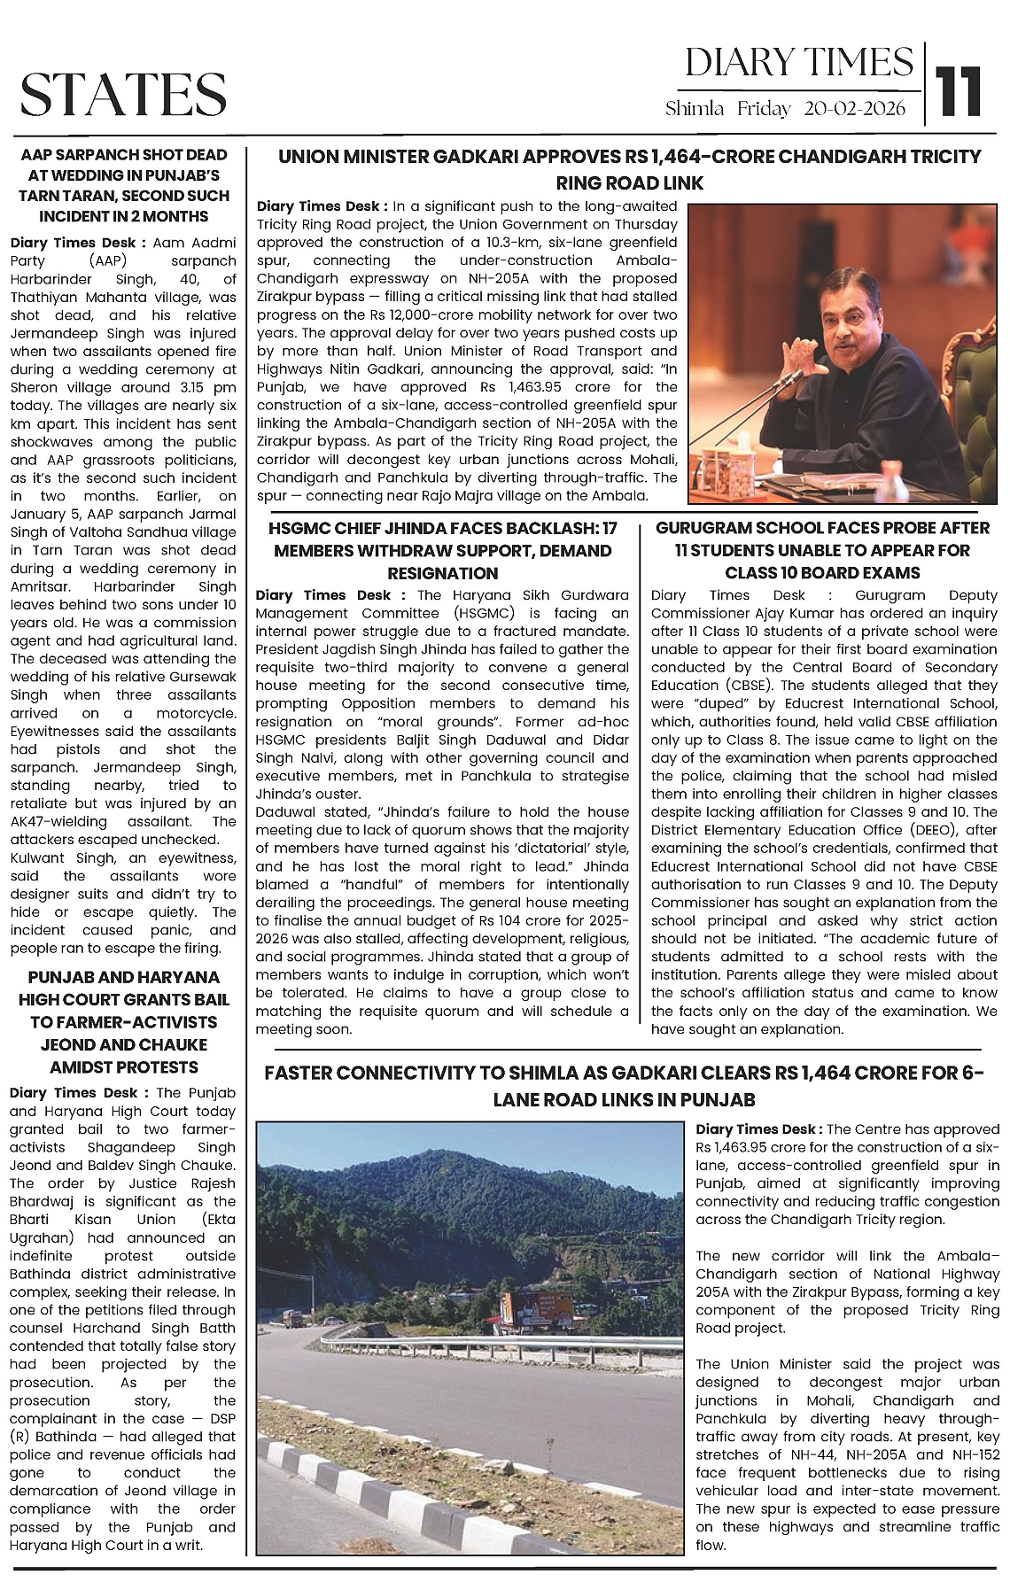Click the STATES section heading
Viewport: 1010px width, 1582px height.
pyautogui.click(x=123, y=95)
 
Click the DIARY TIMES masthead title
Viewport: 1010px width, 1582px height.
pyautogui.click(x=798, y=63)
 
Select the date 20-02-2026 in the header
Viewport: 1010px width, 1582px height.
pyautogui.click(x=855, y=109)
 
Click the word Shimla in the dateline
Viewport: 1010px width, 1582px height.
pyautogui.click(x=694, y=109)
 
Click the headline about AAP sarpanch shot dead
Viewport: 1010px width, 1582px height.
pyautogui.click(x=124, y=185)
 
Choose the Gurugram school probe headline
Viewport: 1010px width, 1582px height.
pyautogui.click(x=823, y=550)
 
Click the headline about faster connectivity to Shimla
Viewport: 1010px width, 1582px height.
pyautogui.click(x=624, y=1086)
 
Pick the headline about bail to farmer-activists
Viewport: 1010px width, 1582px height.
pyautogui.click(x=124, y=1022)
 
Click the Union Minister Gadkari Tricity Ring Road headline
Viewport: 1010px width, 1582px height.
pyautogui.click(x=630, y=170)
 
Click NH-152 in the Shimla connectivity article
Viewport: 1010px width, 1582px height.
pyautogui.click(x=976, y=1454)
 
